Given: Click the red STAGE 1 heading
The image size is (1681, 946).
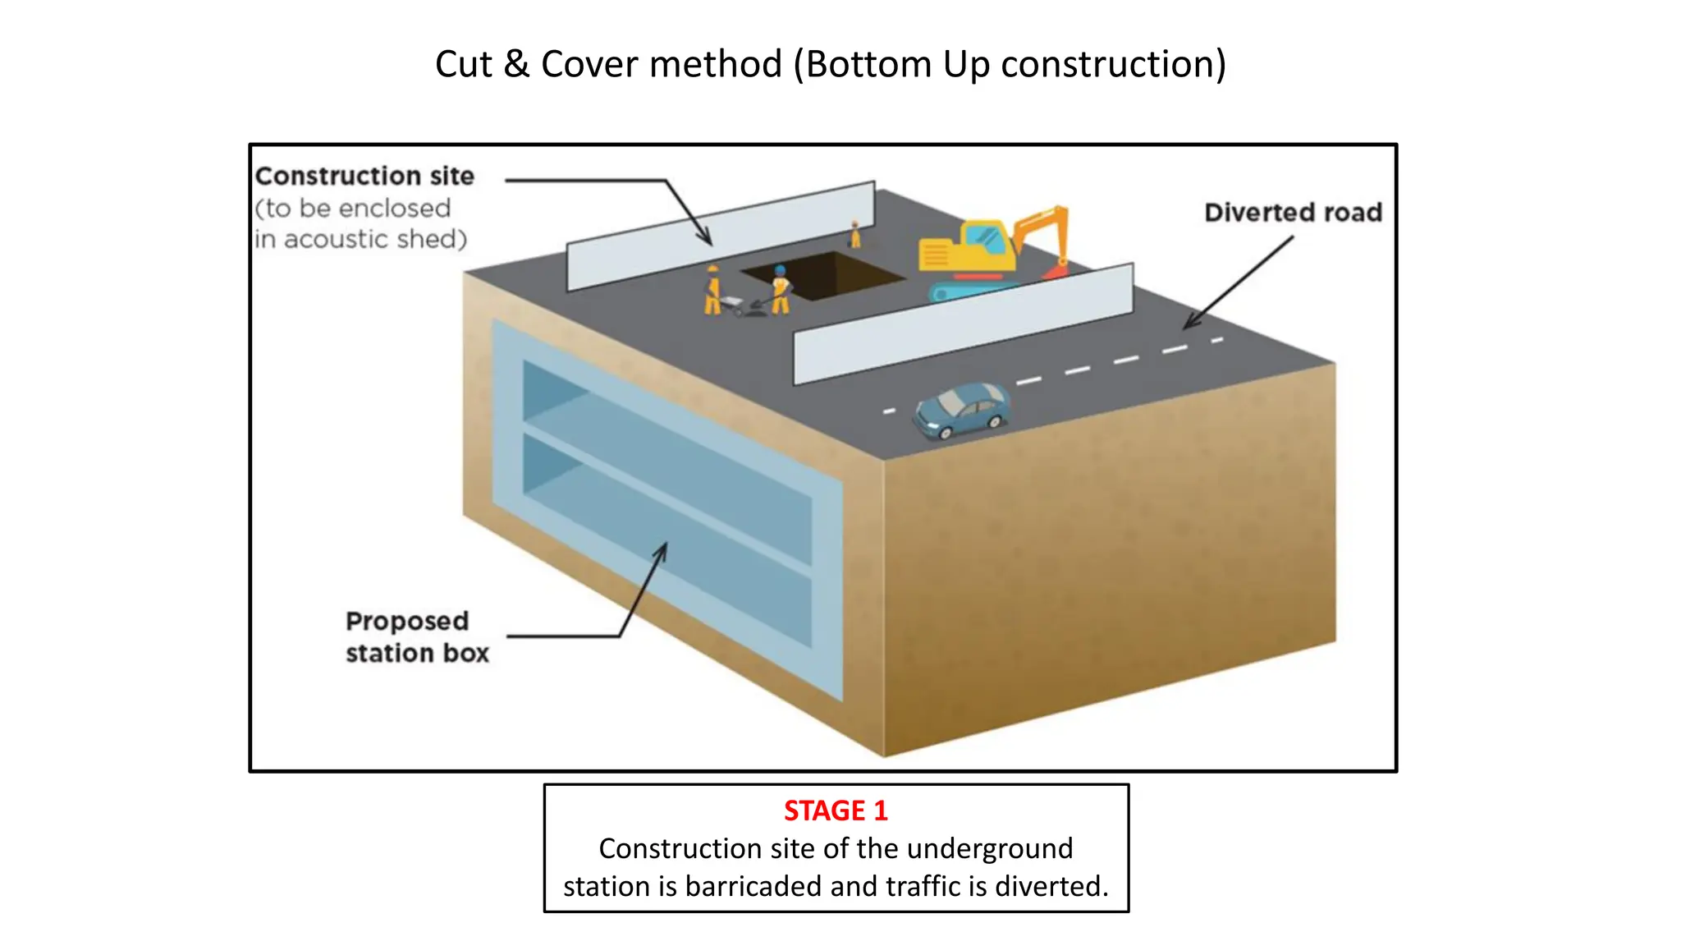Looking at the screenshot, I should coord(836,811).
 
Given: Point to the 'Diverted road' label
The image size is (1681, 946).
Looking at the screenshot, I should coord(1293,213).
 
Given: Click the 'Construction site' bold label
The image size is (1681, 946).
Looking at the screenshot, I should coord(364,177).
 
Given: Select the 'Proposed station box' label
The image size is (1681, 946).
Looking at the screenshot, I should coord(416,637).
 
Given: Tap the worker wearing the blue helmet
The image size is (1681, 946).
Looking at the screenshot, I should coord(780,289).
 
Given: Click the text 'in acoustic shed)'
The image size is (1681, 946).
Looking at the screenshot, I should coord(360,239).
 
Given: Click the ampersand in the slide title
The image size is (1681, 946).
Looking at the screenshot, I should coord(516,64).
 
